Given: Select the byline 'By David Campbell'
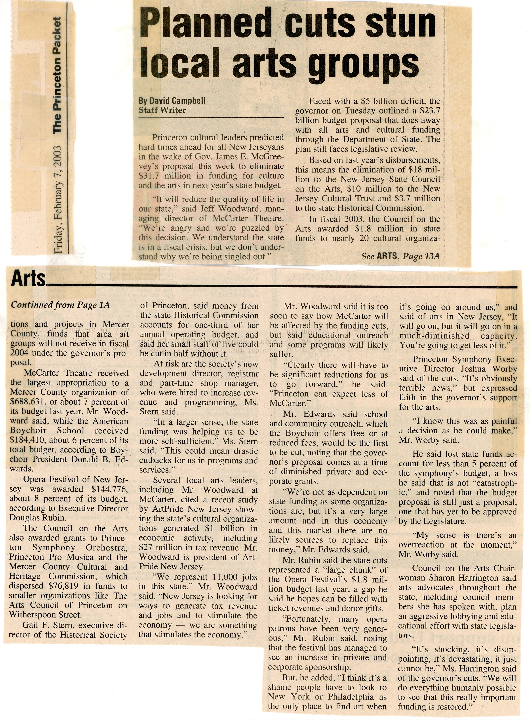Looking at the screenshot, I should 172,101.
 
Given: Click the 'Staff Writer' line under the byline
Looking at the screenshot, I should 162,110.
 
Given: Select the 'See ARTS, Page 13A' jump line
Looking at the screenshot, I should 400,256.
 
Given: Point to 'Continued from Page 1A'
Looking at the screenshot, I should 60,305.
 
